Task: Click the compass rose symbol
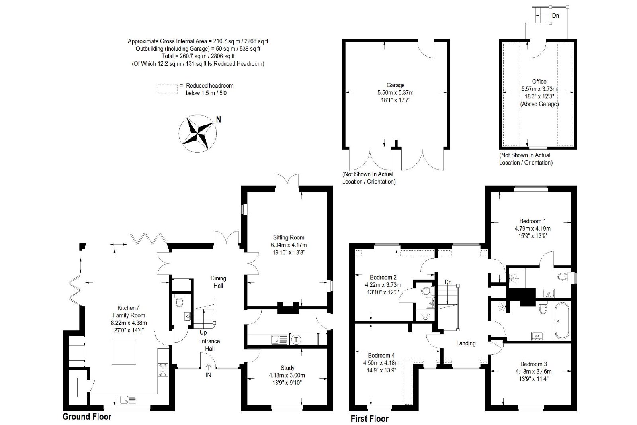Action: [197, 133]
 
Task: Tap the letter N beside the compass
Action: [219, 119]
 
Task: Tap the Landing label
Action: [466, 343]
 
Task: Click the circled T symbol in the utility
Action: [296, 339]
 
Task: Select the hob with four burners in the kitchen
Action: [163, 370]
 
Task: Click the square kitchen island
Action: [124, 352]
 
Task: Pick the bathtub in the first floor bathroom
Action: [561, 321]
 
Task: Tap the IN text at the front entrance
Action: [208, 375]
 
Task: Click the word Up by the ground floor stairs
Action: [203, 332]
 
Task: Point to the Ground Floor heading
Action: [87, 417]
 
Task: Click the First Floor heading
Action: [369, 419]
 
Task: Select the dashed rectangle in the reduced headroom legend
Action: [167, 89]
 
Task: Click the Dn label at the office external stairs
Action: [555, 16]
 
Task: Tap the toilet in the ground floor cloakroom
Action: [179, 302]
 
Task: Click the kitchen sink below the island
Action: [128, 400]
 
